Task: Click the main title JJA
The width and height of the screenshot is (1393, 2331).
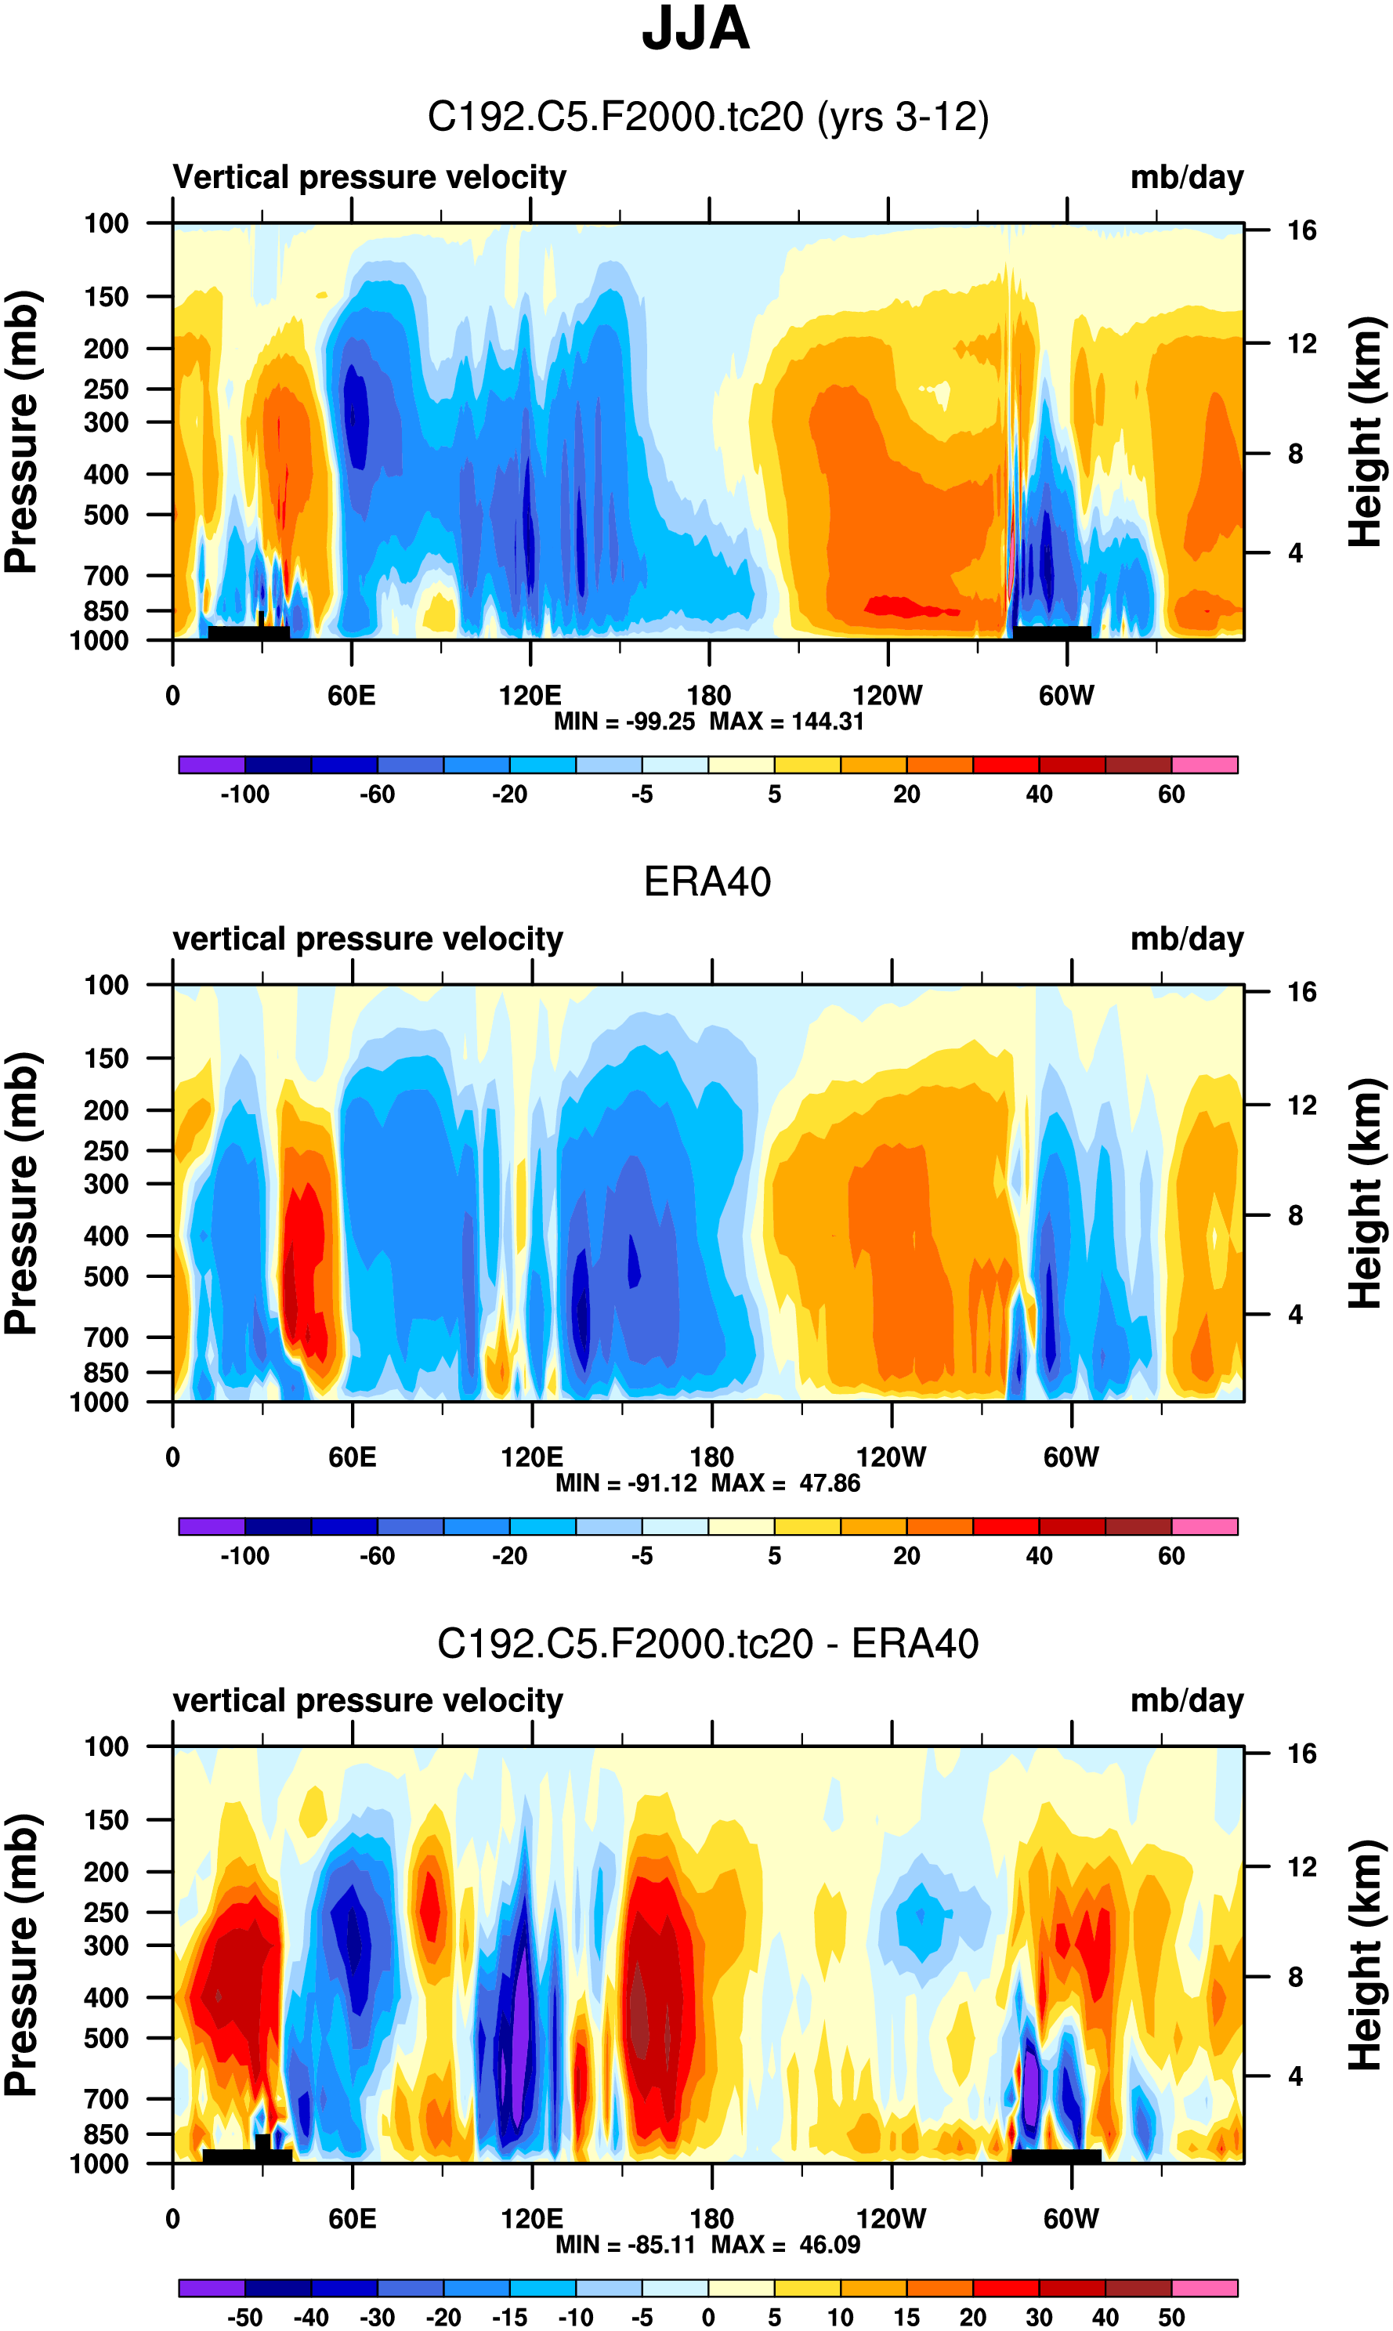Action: [696, 29]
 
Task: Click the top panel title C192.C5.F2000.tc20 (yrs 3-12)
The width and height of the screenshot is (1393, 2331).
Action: [707, 118]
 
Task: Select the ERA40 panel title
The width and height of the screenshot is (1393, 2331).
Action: [707, 881]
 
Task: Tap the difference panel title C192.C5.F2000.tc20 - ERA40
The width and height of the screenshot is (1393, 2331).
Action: [707, 1644]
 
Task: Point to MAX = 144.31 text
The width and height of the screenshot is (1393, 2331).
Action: [786, 721]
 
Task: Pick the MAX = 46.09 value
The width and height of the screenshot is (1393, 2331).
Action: [786, 2244]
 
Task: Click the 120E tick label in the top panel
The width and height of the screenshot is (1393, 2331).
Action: [530, 696]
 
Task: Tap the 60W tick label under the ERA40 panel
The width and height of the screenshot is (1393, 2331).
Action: [1070, 1457]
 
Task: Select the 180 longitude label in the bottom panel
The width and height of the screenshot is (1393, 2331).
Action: [711, 2218]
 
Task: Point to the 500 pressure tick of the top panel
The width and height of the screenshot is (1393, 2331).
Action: [106, 516]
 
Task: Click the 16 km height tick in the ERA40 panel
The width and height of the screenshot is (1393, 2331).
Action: [1301, 992]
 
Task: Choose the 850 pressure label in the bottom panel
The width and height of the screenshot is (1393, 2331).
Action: [106, 2134]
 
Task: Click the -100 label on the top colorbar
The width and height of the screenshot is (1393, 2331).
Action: [245, 794]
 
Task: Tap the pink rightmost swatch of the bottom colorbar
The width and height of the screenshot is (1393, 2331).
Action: [1204, 2288]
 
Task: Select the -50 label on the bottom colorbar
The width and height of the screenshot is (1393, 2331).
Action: [245, 2317]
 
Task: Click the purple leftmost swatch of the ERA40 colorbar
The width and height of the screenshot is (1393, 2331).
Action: [212, 1526]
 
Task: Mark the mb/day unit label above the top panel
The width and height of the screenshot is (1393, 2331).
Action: [1186, 177]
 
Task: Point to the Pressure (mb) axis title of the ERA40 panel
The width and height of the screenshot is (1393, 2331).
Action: [20, 1193]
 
